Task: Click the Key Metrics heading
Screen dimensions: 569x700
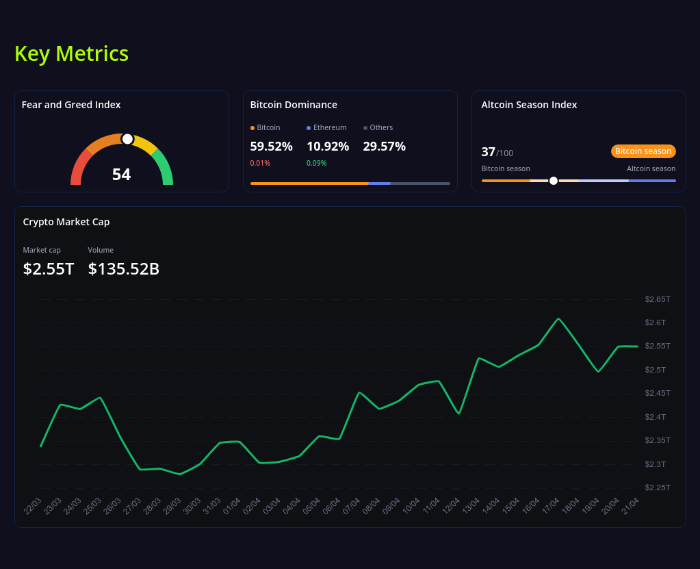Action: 71,53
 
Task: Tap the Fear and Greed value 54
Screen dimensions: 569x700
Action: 121,175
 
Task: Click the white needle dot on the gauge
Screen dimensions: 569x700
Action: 127,139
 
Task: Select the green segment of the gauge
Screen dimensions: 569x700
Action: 164,168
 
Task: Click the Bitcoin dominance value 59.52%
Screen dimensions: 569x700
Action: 271,147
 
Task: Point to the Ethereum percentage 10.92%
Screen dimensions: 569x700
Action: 328,147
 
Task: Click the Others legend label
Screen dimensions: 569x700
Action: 381,127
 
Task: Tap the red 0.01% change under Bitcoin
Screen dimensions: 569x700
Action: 260,163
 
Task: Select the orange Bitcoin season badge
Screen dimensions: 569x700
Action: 643,151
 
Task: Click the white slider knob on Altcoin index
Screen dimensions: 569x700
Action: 554,181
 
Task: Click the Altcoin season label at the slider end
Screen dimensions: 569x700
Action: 651,168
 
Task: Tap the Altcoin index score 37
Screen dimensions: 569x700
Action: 488,152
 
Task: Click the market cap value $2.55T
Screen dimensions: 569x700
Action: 49,269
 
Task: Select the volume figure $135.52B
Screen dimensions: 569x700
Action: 124,269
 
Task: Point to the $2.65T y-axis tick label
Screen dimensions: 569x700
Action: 658,299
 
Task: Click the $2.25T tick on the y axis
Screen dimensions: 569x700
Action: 658,488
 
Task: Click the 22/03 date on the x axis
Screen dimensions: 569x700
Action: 33,506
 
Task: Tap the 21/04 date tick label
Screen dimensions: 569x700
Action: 630,506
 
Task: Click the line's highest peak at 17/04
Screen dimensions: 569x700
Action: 559,318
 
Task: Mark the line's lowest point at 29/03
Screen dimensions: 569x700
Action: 180,474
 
